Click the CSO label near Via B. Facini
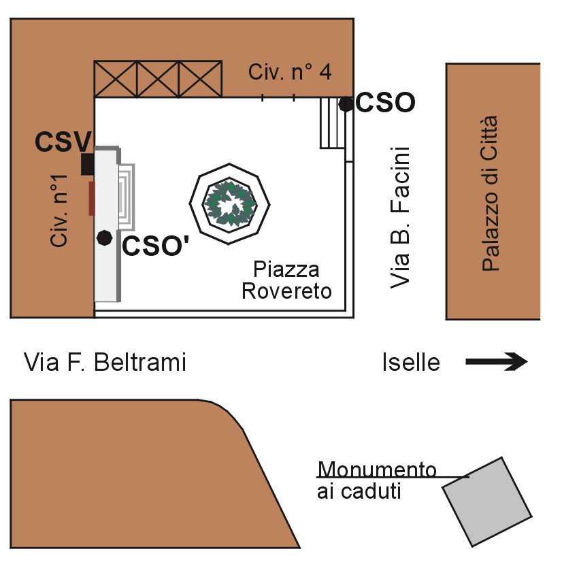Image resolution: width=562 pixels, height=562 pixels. click(385, 103)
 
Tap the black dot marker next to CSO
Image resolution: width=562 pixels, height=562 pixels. click(346, 103)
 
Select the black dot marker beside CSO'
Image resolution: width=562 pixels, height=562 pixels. click(104, 237)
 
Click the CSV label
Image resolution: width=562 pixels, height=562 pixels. click(63, 142)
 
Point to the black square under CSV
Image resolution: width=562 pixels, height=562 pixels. click(87, 164)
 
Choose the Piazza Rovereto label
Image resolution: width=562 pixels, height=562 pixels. click(286, 280)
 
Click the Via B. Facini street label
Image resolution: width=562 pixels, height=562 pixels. click(402, 216)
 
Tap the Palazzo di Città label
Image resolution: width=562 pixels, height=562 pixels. click(490, 194)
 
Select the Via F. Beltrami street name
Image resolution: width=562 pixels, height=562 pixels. click(105, 362)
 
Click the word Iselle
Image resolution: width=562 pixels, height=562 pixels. click(410, 363)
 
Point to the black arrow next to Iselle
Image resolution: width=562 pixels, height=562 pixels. click(497, 362)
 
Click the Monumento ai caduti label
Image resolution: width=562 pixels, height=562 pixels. click(376, 480)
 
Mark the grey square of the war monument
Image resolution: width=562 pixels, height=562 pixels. click(486, 501)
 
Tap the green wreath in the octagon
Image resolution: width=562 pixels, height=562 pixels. click(230, 203)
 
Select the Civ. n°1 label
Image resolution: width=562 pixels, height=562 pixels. click(61, 211)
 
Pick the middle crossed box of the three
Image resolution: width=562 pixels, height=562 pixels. click(158, 79)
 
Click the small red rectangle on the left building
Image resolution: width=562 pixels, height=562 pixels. click(91, 198)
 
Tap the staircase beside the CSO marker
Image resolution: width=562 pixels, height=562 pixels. click(333, 122)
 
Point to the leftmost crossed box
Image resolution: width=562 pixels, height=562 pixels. click(116, 79)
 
